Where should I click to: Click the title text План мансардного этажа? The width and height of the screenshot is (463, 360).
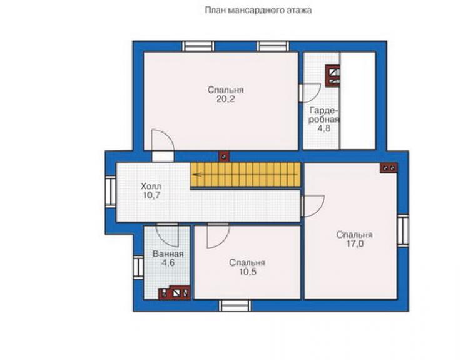pos(258,11)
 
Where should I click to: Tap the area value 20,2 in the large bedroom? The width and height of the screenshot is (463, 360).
pos(226,99)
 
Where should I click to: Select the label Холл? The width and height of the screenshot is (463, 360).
pos(151,187)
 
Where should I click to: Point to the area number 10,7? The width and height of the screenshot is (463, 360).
pos(151,195)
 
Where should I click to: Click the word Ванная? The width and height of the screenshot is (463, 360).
pos(168,254)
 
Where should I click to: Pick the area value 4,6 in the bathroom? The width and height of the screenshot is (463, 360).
pos(168,263)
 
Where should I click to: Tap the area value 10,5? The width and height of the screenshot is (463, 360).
pos(247,272)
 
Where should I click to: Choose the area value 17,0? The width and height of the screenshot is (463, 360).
pos(355,244)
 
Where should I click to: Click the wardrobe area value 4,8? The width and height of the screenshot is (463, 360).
pos(324,128)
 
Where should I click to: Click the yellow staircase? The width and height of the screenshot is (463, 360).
pos(246,175)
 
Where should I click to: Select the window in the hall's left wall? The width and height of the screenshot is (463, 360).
pos(111,191)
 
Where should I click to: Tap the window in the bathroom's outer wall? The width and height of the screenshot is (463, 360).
pos(138,267)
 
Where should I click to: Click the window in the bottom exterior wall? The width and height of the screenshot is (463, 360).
pos(235,306)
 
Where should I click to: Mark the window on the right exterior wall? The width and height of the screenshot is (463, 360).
pos(403,231)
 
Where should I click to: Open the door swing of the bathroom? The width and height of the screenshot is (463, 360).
pos(168,235)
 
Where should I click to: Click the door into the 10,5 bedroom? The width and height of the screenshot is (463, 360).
pos(218,236)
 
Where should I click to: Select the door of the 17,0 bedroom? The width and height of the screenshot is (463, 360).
pos(313,206)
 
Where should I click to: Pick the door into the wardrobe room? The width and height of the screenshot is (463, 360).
pos(310,93)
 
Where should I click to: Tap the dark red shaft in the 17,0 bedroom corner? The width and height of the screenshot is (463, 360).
pos(389,168)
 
